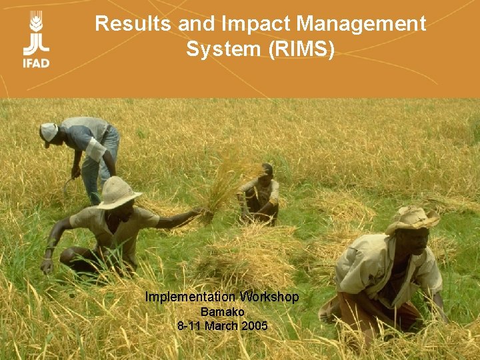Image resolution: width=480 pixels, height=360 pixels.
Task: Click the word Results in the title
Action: [133, 24]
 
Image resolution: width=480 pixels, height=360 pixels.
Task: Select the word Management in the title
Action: [361, 24]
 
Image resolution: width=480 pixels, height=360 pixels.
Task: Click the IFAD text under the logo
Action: [36, 63]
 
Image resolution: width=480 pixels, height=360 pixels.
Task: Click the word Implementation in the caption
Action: [190, 297]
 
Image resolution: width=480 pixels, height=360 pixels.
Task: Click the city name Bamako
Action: [223, 312]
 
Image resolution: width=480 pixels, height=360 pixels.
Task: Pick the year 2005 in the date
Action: [255, 326]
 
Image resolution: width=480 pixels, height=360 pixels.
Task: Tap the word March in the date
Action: [222, 326]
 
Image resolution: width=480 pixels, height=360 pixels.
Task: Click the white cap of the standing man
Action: [49, 130]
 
